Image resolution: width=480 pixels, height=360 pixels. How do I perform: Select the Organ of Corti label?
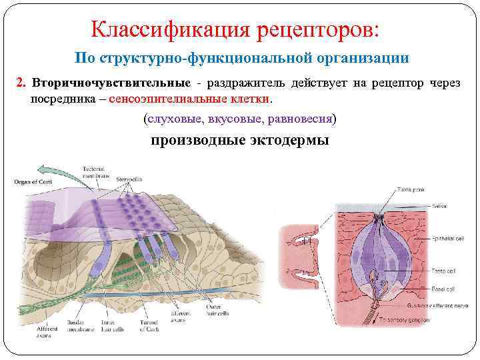coord(34,181)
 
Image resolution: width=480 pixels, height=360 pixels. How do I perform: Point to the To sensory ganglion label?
coord(407,321)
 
